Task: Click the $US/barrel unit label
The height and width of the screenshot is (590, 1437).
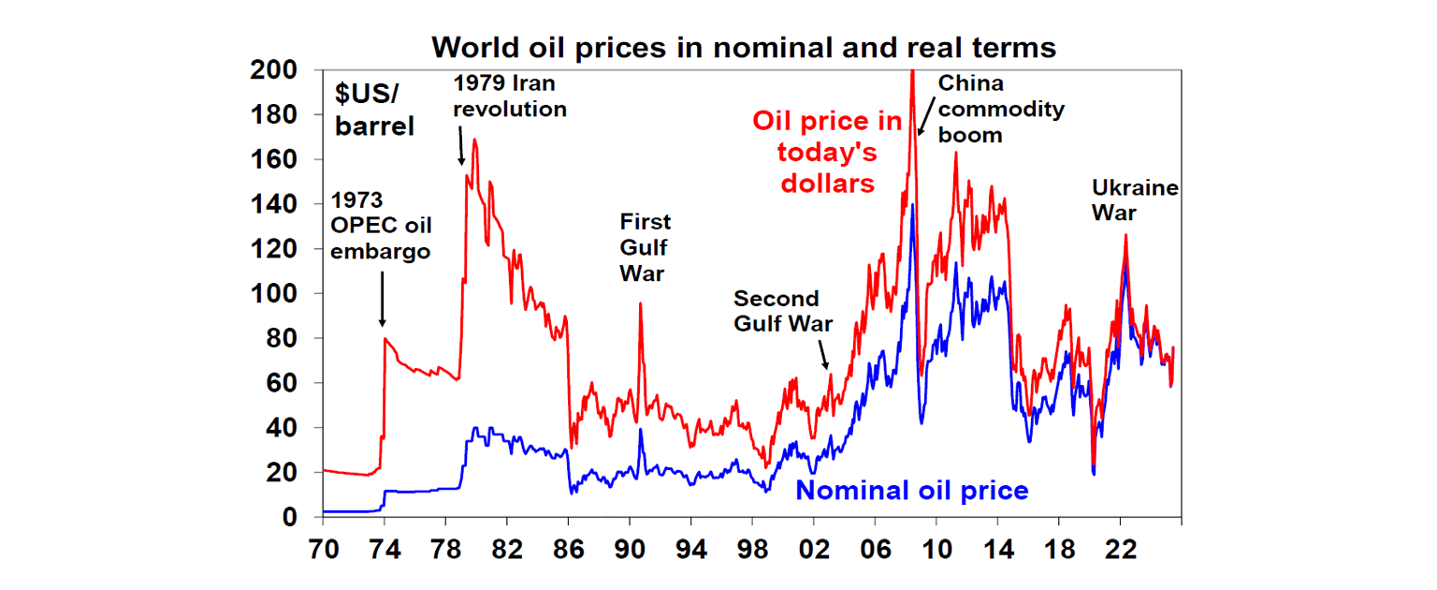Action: click(x=374, y=111)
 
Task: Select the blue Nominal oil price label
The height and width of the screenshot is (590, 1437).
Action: click(x=911, y=491)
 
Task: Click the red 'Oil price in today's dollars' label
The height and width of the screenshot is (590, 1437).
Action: click(x=828, y=152)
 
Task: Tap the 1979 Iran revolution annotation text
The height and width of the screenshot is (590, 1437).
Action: click(x=510, y=96)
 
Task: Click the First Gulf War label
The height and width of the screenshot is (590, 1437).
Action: click(x=646, y=248)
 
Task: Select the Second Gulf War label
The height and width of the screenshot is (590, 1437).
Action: click(x=777, y=312)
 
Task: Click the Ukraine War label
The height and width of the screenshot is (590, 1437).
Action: click(x=1135, y=200)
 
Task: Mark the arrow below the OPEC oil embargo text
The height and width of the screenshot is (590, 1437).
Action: click(x=382, y=299)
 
